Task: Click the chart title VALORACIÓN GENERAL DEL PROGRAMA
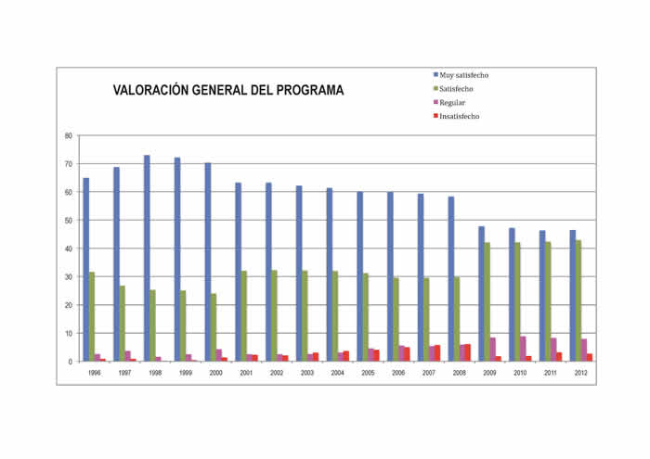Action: click(x=228, y=91)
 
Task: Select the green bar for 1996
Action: click(x=92, y=316)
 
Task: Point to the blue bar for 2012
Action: click(x=573, y=296)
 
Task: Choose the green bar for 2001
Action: click(x=243, y=315)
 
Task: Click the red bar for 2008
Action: click(x=467, y=352)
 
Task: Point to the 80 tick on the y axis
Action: click(x=69, y=135)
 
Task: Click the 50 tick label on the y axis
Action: click(x=69, y=221)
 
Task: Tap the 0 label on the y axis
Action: click(x=71, y=362)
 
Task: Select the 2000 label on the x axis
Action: click(x=215, y=372)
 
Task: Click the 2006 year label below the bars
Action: click(x=397, y=372)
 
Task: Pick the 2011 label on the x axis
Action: click(x=550, y=372)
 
